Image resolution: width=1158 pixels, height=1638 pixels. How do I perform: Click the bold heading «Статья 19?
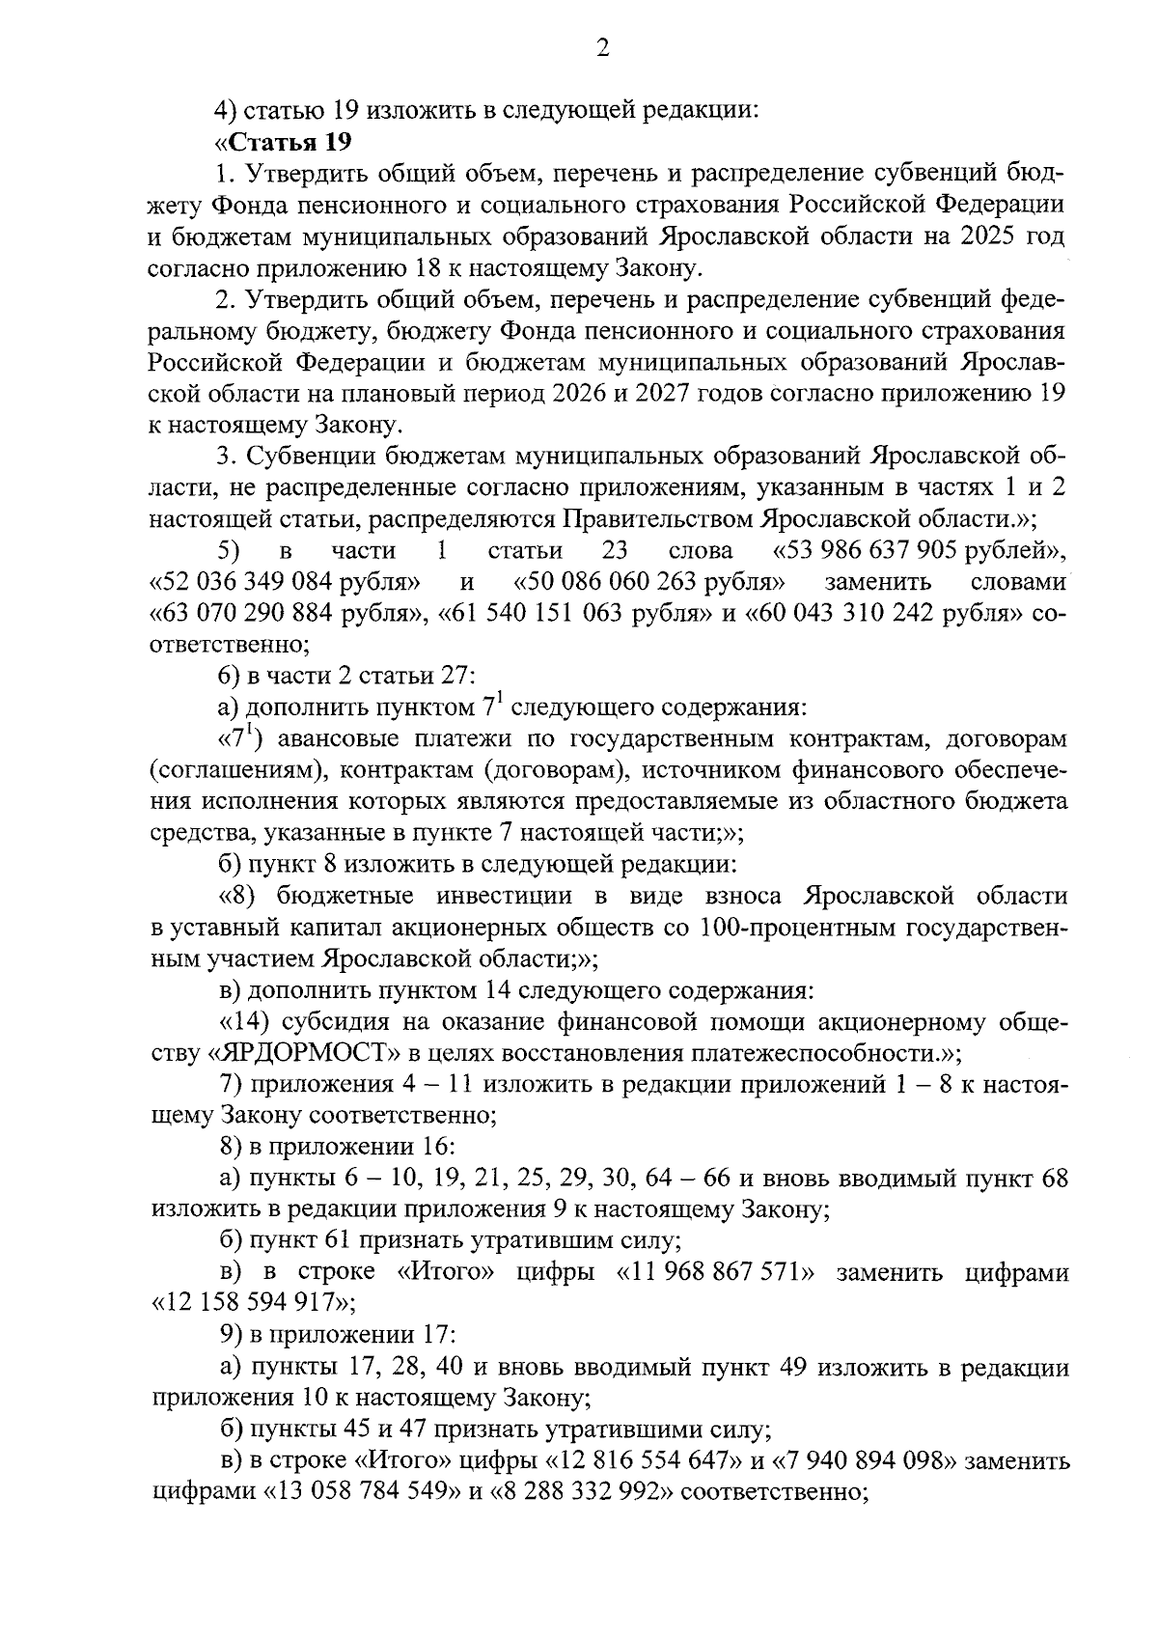pyautogui.click(x=282, y=142)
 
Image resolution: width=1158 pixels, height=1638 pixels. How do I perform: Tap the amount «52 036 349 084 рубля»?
pyautogui.click(x=286, y=582)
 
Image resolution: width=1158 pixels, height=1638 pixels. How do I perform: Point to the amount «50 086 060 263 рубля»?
pyautogui.click(x=649, y=582)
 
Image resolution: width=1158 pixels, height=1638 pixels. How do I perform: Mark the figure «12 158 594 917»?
pyautogui.click(x=253, y=1304)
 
